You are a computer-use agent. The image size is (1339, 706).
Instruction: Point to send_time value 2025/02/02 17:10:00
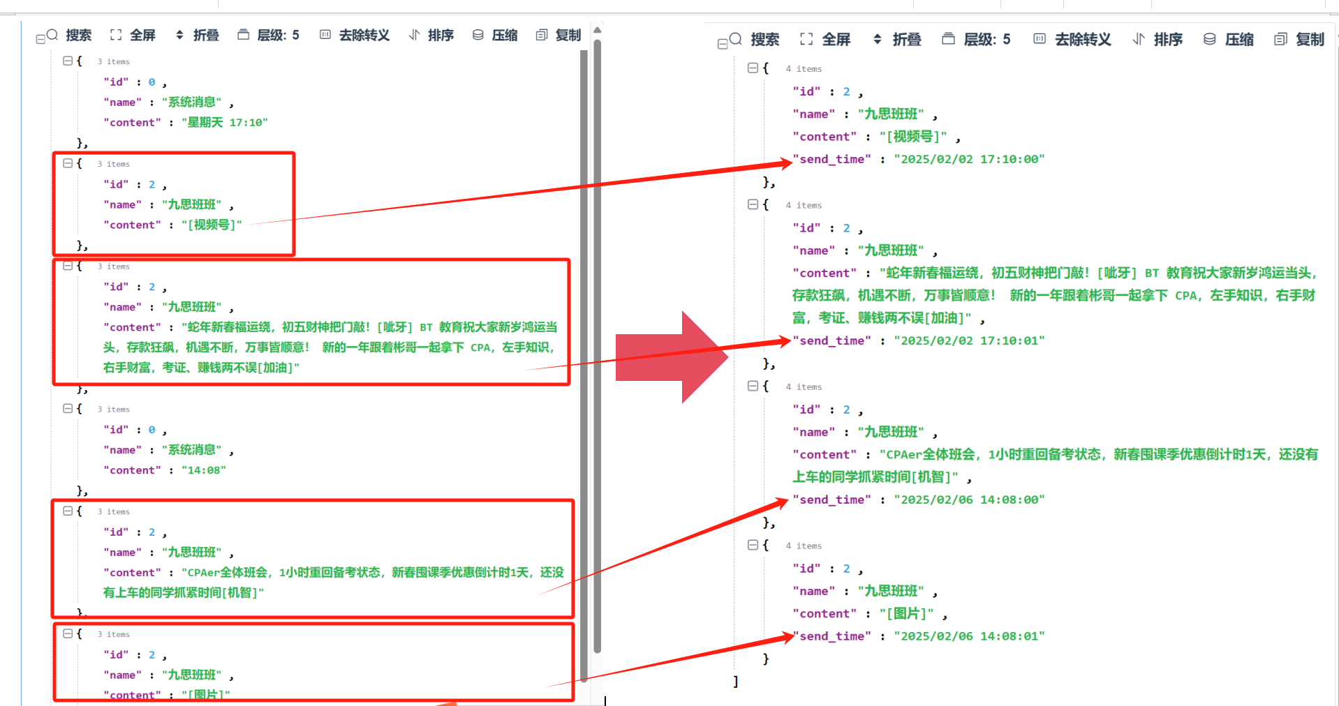969,160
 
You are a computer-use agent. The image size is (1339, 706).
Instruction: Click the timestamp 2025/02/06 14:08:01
969,636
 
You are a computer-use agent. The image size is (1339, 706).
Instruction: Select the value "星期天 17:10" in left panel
224,123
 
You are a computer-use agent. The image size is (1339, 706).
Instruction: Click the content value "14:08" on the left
204,470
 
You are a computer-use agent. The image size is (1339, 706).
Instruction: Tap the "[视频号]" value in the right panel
913,137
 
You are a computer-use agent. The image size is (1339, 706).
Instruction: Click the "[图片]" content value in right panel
906,614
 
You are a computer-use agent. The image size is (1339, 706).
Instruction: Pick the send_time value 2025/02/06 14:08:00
969,500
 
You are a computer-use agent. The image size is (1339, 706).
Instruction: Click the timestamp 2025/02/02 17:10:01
969,341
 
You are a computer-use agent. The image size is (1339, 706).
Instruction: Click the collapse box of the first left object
68,61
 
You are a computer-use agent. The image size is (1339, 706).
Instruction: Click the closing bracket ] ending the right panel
736,682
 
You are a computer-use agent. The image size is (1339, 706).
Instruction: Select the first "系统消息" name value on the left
192,103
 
